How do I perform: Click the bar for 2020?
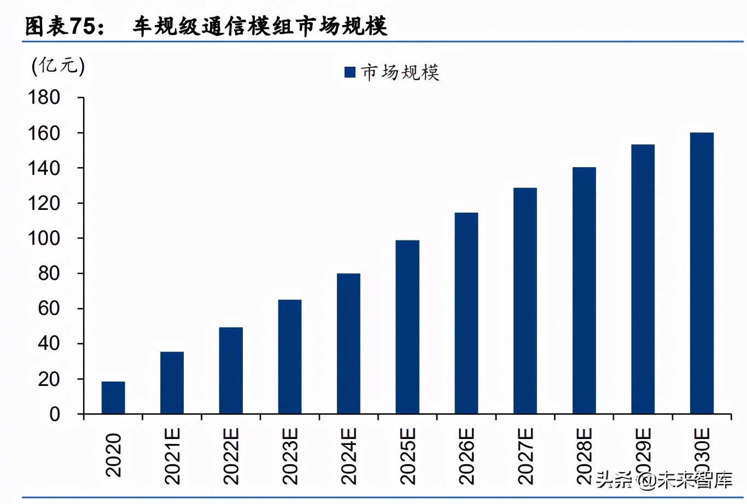tap(113, 397)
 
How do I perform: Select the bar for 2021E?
tap(172, 383)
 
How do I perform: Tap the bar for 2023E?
tap(289, 356)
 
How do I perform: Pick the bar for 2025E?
tap(407, 327)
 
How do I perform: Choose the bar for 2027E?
tap(525, 301)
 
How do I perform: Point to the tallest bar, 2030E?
tap(702, 273)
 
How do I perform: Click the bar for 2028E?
tap(584, 290)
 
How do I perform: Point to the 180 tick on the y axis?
tap(44, 98)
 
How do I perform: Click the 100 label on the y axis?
tap(44, 238)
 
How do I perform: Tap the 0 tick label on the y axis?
tap(54, 414)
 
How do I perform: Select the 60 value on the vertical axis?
tap(49, 309)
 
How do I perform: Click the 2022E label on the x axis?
tap(231, 456)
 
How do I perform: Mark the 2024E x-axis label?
tap(348, 456)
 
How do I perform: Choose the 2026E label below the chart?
tap(466, 456)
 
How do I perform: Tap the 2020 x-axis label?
tap(113, 455)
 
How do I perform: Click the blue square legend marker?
tap(350, 72)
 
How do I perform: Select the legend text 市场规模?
tap(400, 72)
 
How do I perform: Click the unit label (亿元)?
tap(58, 66)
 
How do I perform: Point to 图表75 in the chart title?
tap(65, 26)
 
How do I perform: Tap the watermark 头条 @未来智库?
tap(664, 480)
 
